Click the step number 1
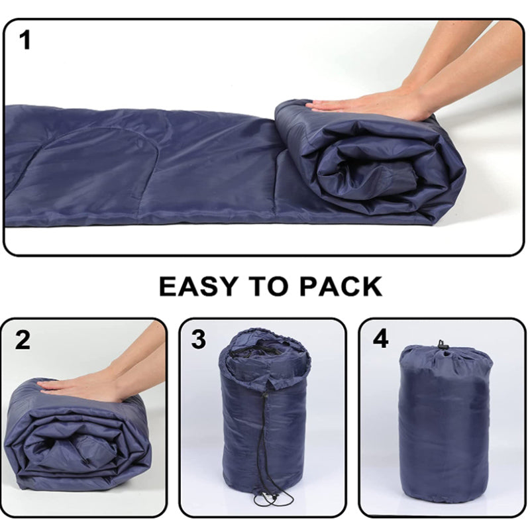click(25, 40)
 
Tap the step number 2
click(23, 340)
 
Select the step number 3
click(198, 340)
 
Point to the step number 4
click(380, 339)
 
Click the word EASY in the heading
click(197, 286)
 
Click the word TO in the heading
click(268, 286)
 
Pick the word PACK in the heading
click(341, 286)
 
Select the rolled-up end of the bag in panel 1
click(370, 162)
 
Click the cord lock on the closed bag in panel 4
click(442, 345)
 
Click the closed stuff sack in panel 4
click(445, 424)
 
